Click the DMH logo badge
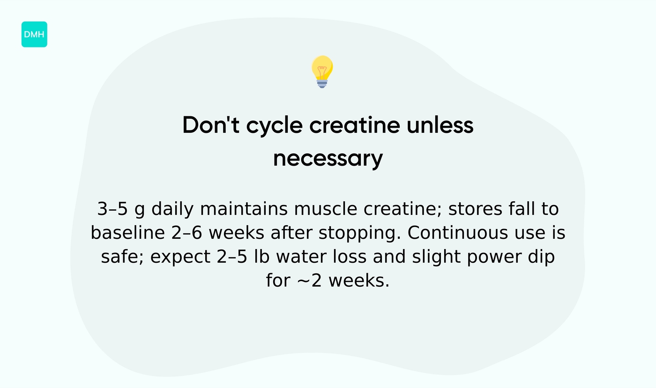click(x=34, y=34)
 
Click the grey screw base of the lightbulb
click(x=322, y=84)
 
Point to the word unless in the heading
click(x=440, y=125)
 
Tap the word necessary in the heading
click(x=328, y=159)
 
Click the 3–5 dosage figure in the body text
click(x=112, y=209)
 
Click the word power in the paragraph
click(x=495, y=257)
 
